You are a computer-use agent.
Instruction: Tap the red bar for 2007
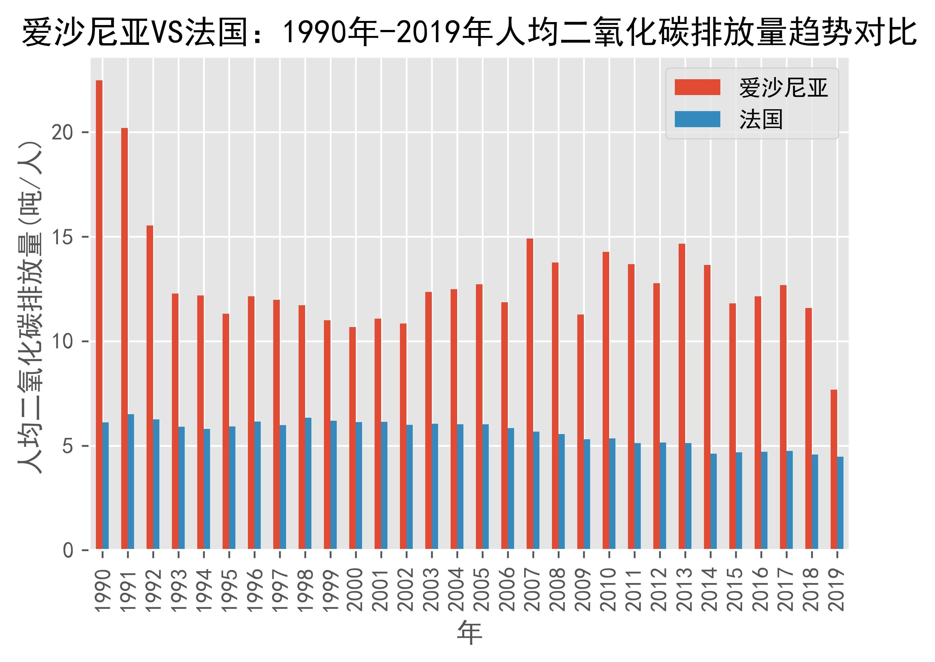[x=530, y=394]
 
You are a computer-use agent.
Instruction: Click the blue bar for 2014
[x=714, y=501]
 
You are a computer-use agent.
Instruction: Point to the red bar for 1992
[x=150, y=387]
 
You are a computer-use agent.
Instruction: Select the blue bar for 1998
[x=308, y=483]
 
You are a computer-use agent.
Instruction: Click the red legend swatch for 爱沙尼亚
[x=697, y=87]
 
